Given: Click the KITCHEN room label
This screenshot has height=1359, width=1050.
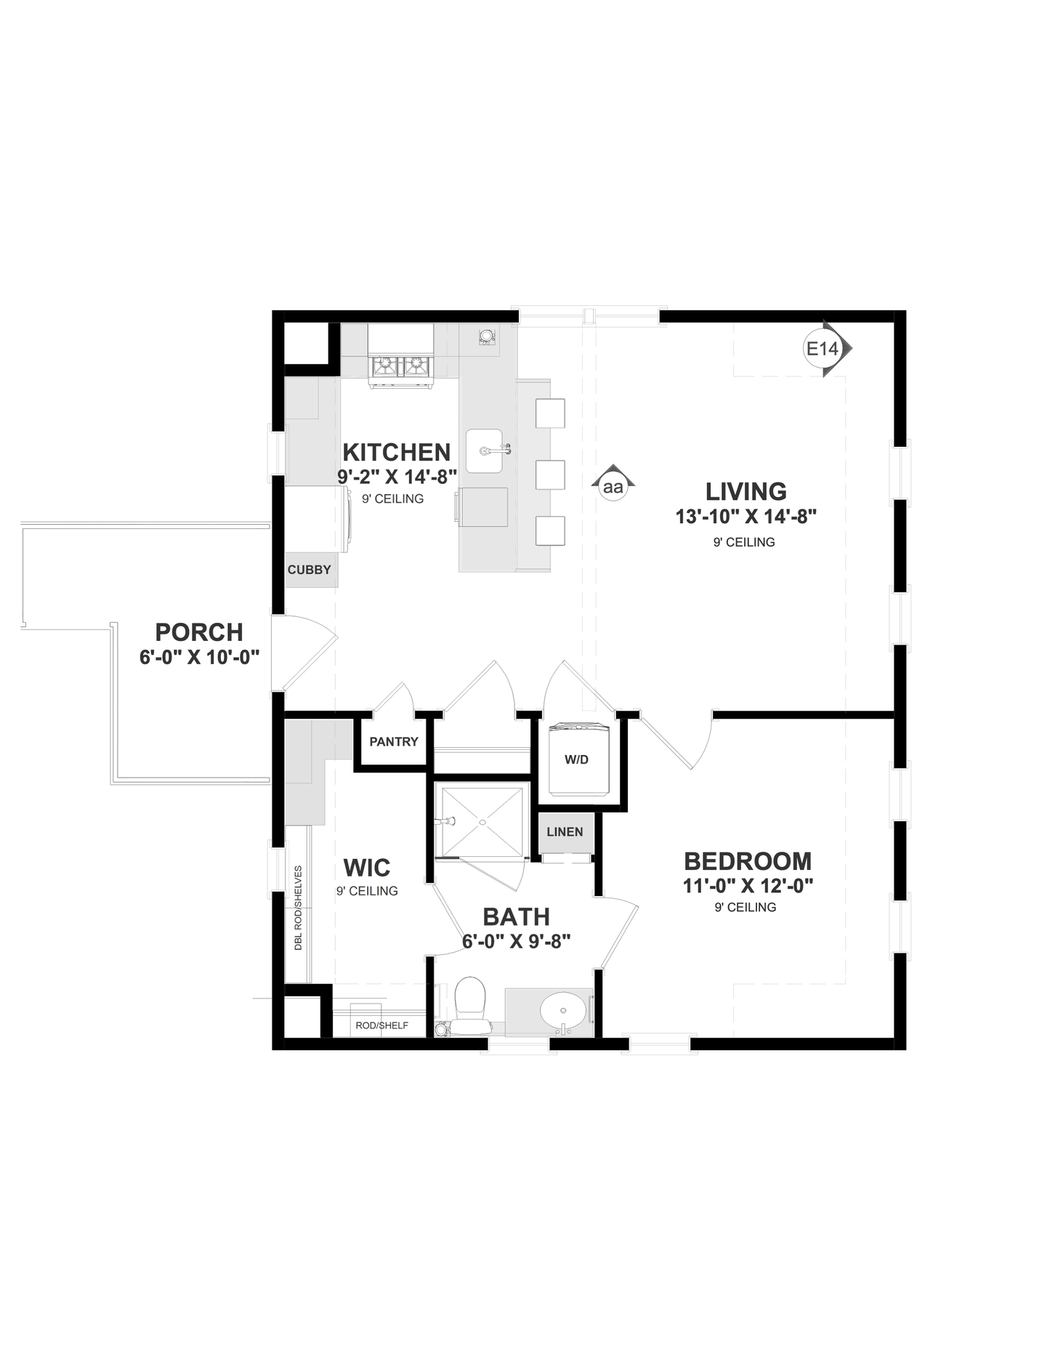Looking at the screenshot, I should (x=396, y=452).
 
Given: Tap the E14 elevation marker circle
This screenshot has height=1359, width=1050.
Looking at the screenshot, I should (x=822, y=349).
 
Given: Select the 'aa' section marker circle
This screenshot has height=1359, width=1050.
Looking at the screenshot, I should (x=613, y=487).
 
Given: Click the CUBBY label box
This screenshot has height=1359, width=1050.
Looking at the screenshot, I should (x=310, y=570).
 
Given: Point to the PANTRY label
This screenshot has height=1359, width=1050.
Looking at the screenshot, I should (x=393, y=741).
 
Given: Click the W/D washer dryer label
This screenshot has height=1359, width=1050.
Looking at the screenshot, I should (x=576, y=759).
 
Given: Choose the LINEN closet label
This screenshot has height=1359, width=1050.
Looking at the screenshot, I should (x=565, y=831).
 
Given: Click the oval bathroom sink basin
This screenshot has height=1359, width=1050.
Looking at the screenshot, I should (x=563, y=1010).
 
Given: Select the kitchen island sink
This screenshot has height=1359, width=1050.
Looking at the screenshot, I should (x=485, y=451).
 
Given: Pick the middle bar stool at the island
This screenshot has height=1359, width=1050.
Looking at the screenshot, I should (x=550, y=474).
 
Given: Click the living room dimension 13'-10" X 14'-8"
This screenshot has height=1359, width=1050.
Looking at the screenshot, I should (x=746, y=517).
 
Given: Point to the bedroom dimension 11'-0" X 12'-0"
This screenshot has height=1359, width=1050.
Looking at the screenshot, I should (x=747, y=885).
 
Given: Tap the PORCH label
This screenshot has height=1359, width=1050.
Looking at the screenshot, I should (x=199, y=632).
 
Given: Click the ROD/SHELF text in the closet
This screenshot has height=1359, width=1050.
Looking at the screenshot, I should (x=381, y=1025).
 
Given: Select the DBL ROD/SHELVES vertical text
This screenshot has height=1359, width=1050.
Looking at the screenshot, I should (x=298, y=908).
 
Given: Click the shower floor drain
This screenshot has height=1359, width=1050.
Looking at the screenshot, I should (x=482, y=822).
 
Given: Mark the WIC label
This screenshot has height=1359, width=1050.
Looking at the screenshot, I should (x=366, y=867).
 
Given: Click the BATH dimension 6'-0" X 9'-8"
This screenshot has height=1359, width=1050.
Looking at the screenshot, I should (x=516, y=941).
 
